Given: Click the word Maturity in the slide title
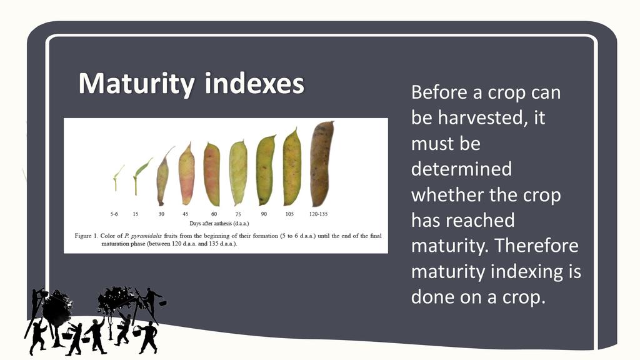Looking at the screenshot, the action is (137, 84).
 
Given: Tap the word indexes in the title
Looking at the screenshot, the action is (255, 83).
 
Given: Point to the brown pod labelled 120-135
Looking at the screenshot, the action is (322, 164).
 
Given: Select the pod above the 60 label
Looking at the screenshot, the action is (212, 174).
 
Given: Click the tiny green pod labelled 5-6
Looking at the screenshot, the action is (117, 177).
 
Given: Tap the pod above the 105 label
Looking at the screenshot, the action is (292, 167).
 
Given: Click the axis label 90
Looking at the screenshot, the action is (264, 214).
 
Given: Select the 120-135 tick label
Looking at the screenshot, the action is (318, 214).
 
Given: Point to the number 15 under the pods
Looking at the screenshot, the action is (136, 214).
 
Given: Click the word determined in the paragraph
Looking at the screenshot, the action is (461, 169).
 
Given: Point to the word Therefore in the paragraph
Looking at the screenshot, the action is (537, 245).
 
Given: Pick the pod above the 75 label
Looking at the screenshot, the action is (238, 173).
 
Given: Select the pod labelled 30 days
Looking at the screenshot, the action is (163, 176).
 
